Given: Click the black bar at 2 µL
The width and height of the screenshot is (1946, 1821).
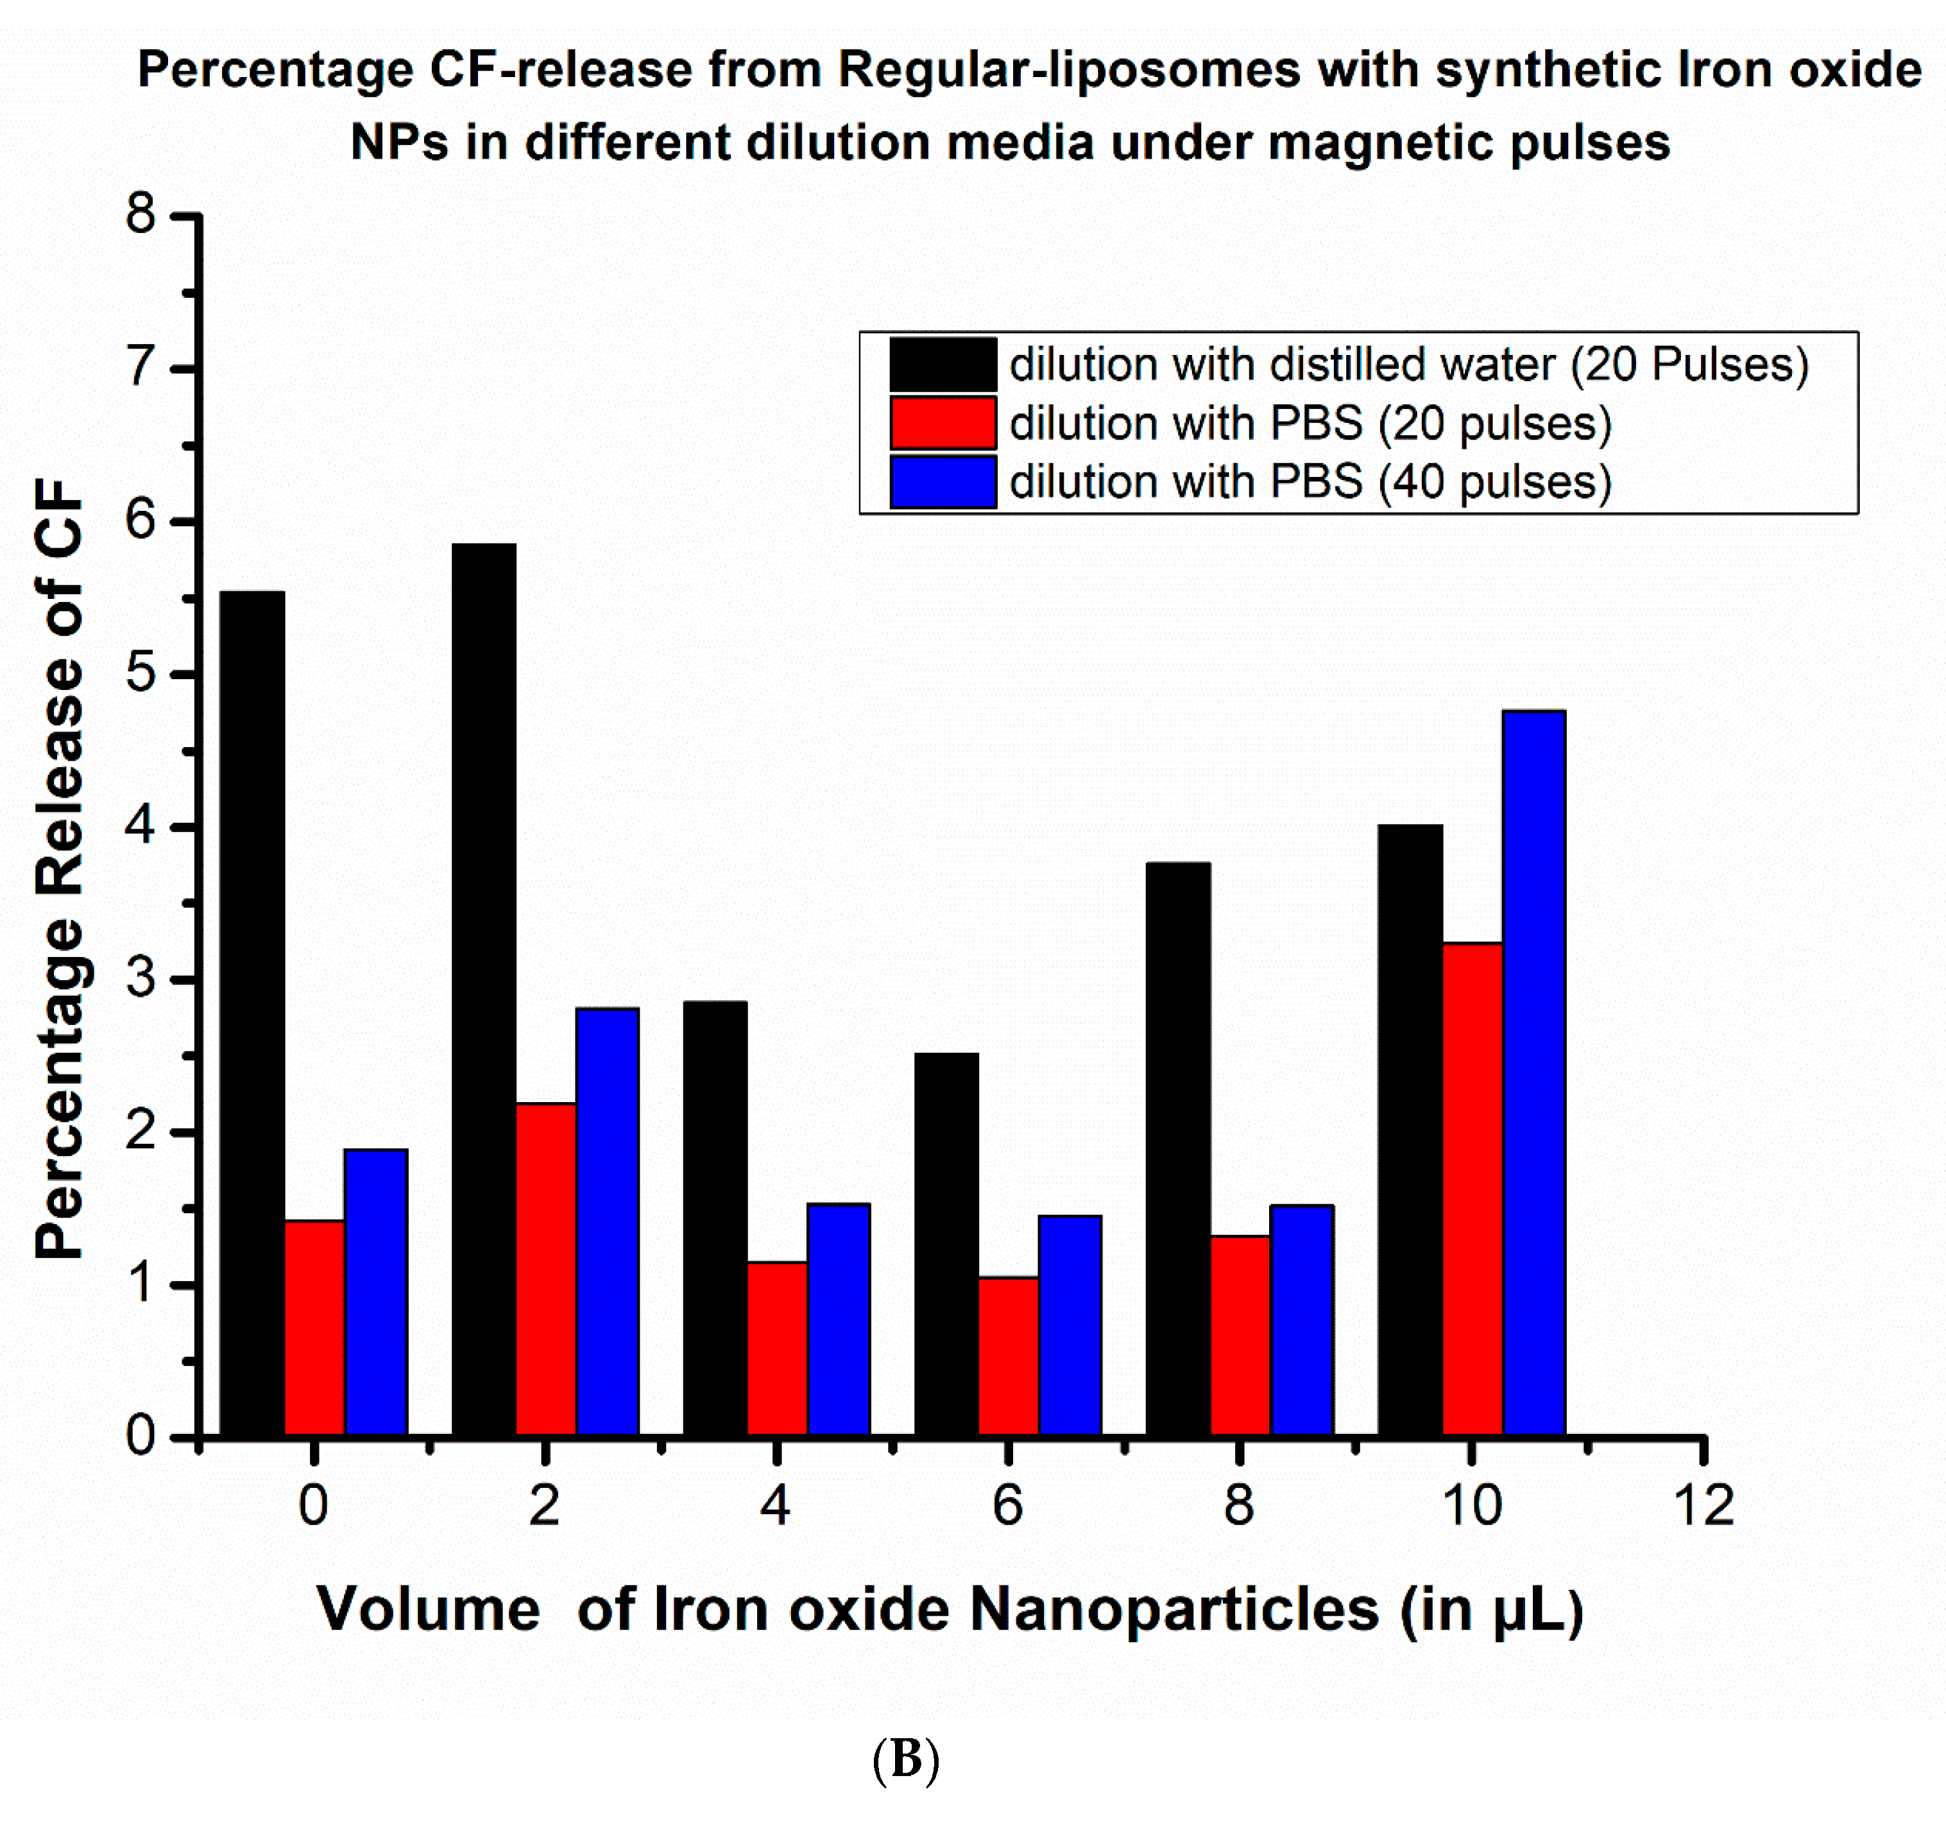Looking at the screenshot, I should pyautogui.click(x=484, y=989).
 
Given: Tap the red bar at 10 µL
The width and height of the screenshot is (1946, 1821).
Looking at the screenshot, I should pyautogui.click(x=1472, y=1189).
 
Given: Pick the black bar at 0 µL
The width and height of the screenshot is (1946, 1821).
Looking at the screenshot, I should pyautogui.click(x=252, y=1014).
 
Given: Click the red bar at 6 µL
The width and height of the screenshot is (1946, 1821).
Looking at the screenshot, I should pyautogui.click(x=1008, y=1356).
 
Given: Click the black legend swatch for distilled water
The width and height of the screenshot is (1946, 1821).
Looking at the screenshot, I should pyautogui.click(x=943, y=364).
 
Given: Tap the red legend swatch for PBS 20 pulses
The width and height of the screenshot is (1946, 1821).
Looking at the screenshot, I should pyautogui.click(x=943, y=423).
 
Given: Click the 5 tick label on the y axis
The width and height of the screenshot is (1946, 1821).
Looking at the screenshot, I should pyautogui.click(x=141, y=673).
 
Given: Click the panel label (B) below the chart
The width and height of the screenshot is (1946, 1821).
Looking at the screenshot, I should pyautogui.click(x=905, y=1759).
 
